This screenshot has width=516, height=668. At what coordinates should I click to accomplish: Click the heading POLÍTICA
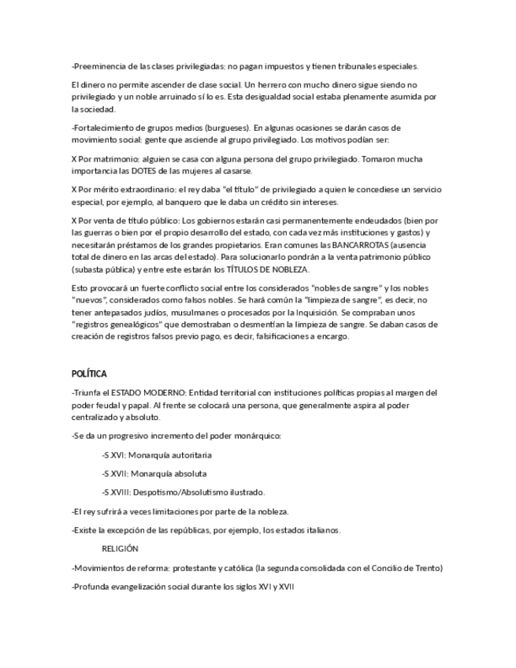(x=89, y=373)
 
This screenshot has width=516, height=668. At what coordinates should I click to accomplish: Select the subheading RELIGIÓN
(x=120, y=548)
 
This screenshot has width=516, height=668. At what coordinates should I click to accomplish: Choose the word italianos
(x=319, y=529)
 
